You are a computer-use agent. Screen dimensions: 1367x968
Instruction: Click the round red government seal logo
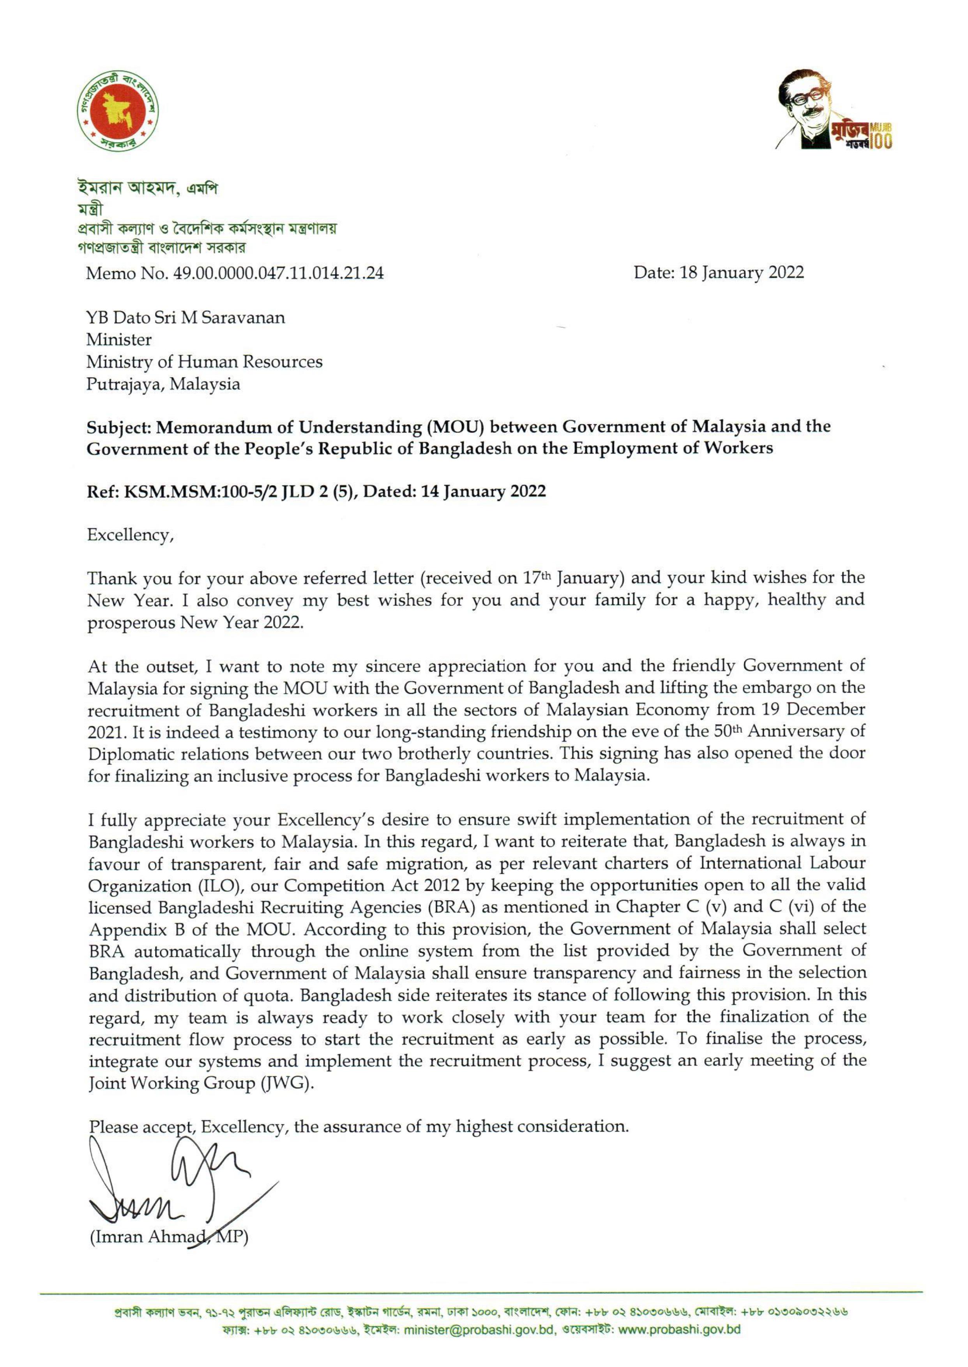[x=117, y=111]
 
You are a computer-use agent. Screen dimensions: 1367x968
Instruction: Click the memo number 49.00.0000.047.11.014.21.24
[x=278, y=273]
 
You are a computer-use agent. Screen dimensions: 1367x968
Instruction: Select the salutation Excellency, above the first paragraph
[x=130, y=535]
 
